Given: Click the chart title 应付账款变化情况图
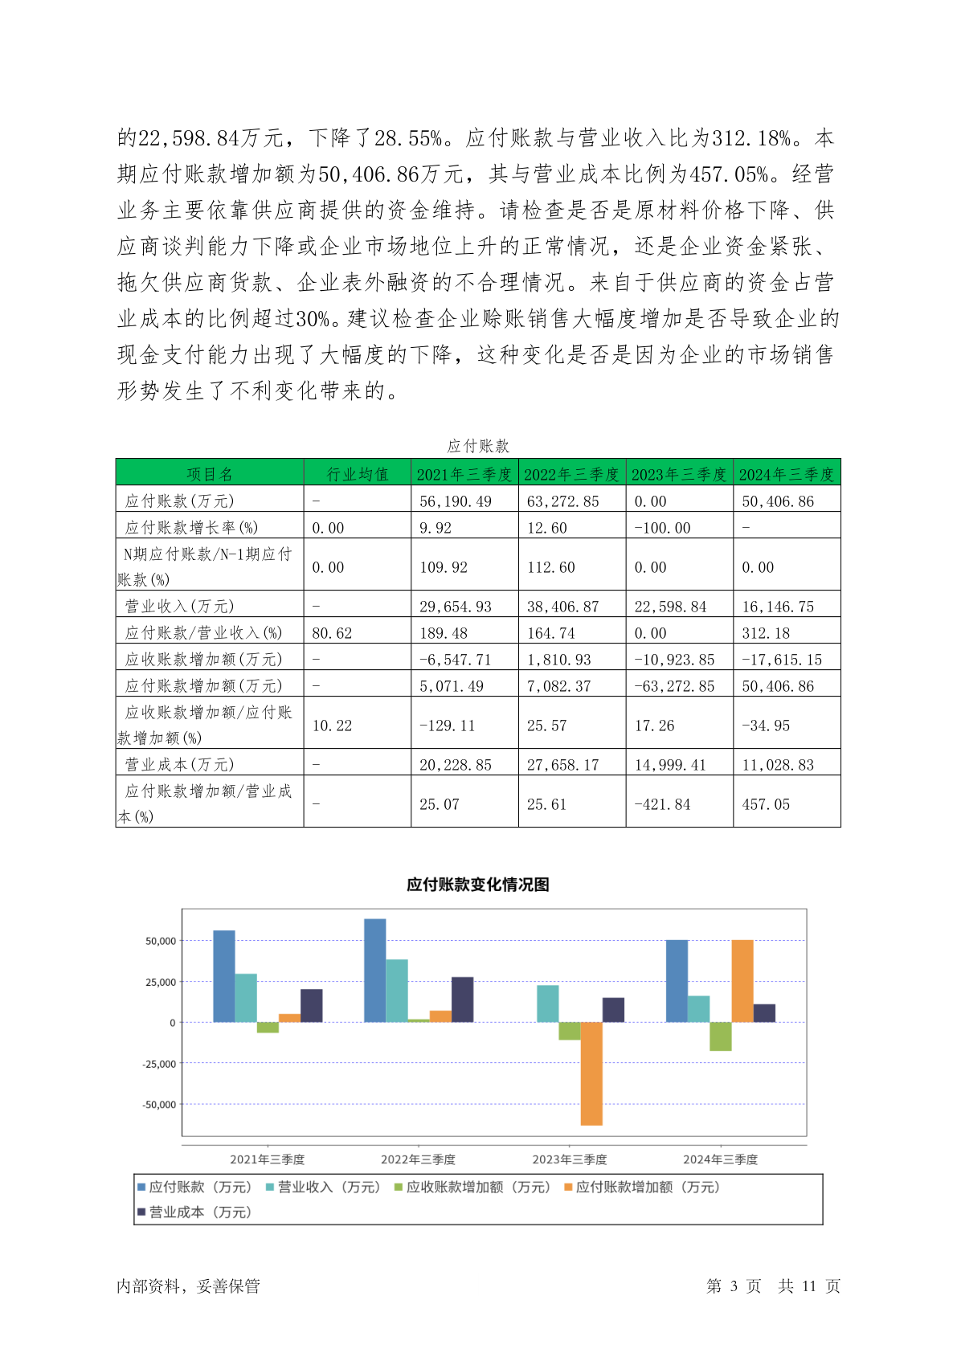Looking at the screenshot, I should tap(478, 885).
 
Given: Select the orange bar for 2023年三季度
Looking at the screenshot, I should tap(591, 1073).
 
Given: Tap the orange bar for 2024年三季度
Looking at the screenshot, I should tap(742, 981).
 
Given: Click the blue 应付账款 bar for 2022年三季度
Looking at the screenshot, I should tap(374, 971).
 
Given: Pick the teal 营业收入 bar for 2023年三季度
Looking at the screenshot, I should tap(547, 1004).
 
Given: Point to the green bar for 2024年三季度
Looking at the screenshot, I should tap(721, 1036).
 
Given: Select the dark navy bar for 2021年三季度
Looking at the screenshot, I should tap(311, 1006).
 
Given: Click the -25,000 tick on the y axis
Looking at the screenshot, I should tap(159, 1064).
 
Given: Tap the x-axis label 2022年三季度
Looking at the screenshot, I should tap(418, 1159).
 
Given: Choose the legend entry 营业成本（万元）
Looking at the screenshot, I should tap(194, 1212).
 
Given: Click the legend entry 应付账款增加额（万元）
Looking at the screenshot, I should tap(643, 1187).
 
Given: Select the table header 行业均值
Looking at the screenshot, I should tap(358, 474).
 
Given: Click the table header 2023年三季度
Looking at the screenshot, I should tap(679, 474).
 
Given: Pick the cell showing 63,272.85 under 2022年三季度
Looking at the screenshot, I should tap(563, 501).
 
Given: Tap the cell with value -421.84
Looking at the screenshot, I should tap(663, 804).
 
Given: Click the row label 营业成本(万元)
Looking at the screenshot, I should tap(179, 764).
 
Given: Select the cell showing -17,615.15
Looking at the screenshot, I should tap(782, 660).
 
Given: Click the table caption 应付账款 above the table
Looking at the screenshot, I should tap(478, 446).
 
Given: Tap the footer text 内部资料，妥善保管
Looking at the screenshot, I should tap(189, 1286).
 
